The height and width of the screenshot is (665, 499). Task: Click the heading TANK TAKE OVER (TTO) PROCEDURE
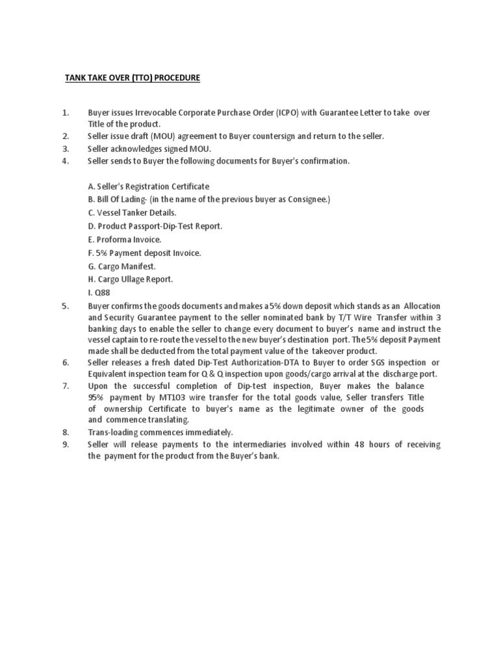[132, 78]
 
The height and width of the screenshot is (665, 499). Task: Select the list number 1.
[66, 113]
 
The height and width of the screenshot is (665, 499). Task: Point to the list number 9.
[65, 444]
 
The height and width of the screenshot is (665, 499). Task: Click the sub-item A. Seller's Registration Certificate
[148, 186]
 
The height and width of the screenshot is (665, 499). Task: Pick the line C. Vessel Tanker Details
[132, 212]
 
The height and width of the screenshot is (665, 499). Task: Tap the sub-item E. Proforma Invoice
[124, 239]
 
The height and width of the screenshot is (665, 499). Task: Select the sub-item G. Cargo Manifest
[122, 266]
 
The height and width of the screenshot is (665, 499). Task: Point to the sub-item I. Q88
[99, 292]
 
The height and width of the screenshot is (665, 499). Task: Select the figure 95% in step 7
[97, 397]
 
